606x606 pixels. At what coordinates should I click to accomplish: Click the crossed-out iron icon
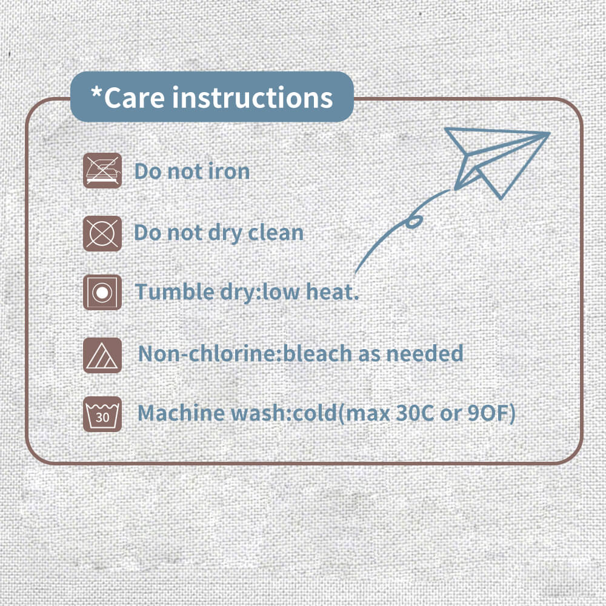(102, 170)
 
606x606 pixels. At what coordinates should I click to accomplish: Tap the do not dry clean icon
(102, 233)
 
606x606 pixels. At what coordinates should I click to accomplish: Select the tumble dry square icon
(102, 292)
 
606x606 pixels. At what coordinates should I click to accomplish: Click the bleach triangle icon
(102, 355)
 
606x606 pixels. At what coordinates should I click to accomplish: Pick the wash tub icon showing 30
(102, 414)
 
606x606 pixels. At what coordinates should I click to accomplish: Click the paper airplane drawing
(499, 162)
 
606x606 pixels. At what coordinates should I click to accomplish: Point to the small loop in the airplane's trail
(413, 222)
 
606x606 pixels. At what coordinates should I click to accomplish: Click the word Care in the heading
(134, 98)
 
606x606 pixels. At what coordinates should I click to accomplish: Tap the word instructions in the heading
(252, 98)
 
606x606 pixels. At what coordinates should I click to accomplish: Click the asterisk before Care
(96, 93)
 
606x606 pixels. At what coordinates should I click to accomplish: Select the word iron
(229, 171)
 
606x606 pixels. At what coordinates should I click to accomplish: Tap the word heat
(332, 292)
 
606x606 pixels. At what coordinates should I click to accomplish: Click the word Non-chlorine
(210, 353)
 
